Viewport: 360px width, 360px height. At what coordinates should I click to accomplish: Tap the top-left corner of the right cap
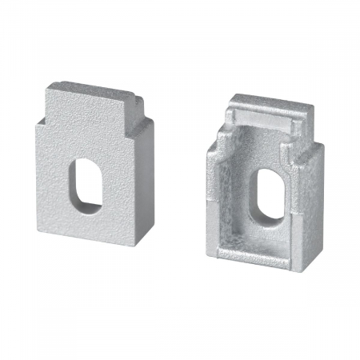[x=233, y=95]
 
